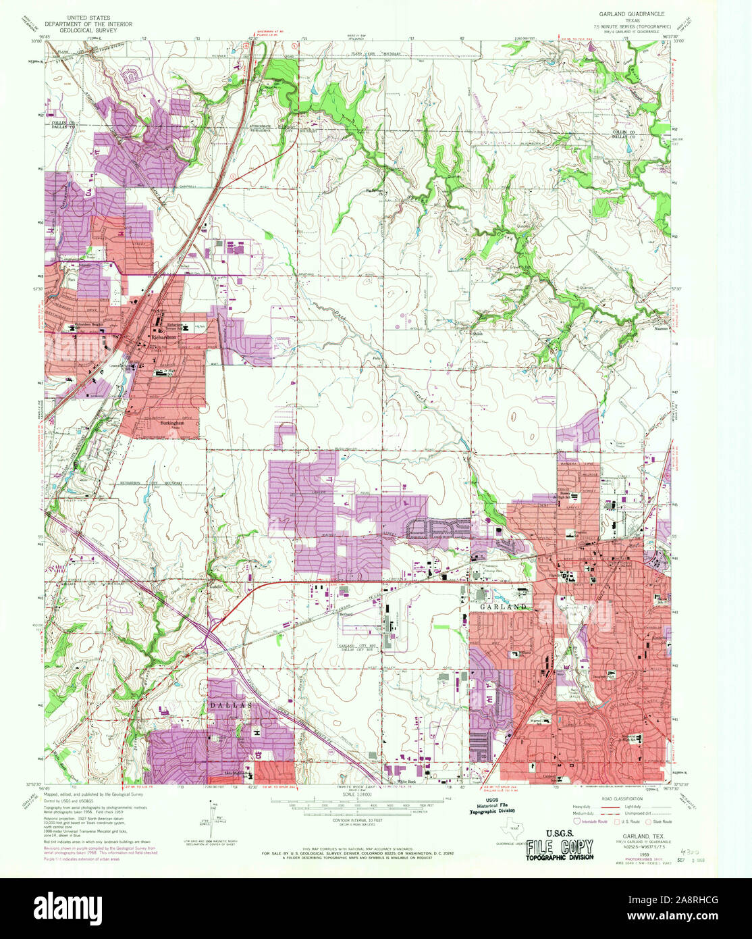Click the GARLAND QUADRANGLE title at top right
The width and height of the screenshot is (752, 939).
631,13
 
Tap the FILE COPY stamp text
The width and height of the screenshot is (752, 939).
560,846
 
